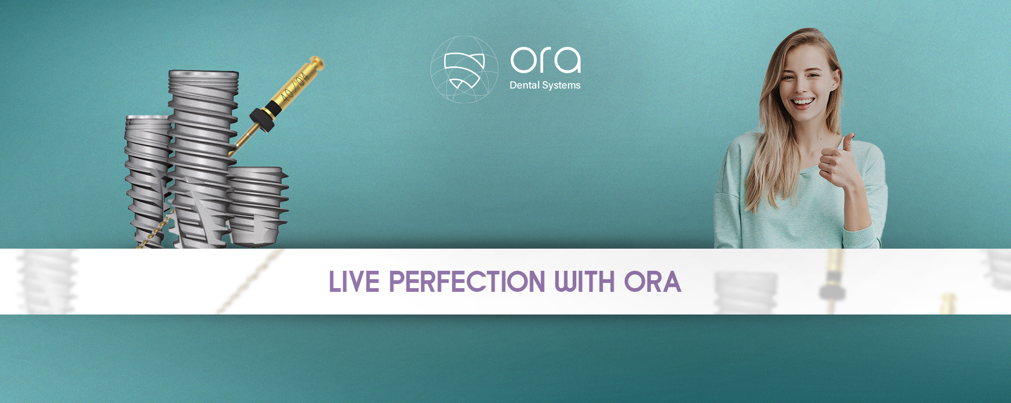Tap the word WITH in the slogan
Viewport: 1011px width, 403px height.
point(585,282)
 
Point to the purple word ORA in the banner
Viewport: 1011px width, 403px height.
point(653,282)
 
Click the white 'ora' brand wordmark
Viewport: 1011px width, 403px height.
point(546,60)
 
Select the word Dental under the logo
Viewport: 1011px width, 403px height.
point(524,85)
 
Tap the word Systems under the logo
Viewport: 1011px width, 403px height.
point(562,86)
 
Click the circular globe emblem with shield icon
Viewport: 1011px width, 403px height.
point(464,69)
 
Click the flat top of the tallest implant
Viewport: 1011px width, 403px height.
point(204,73)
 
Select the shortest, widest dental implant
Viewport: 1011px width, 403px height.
point(257,207)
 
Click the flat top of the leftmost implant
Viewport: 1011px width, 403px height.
point(148,117)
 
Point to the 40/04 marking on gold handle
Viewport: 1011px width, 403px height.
point(294,87)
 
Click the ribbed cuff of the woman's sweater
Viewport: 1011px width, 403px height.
point(860,237)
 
